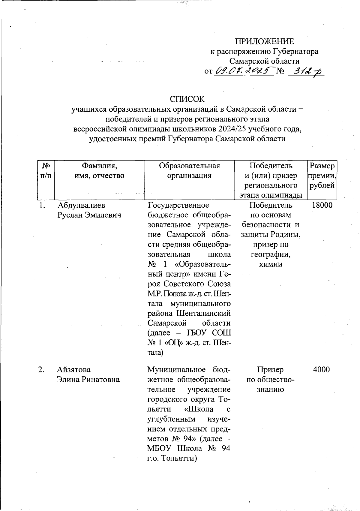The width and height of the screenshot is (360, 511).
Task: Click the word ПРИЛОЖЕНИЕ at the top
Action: click(x=264, y=41)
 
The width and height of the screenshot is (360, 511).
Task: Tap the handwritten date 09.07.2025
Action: click(x=244, y=71)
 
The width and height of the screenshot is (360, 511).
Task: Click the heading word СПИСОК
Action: click(x=187, y=99)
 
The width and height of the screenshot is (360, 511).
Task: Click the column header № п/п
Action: click(x=46, y=171)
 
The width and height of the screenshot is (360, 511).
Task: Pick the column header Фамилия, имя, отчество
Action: click(x=99, y=171)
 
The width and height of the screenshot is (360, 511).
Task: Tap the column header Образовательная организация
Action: click(x=189, y=171)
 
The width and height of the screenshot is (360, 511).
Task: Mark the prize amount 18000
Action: click(x=322, y=205)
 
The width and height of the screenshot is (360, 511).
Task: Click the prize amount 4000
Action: click(x=322, y=370)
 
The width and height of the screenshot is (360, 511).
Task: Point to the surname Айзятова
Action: click(x=74, y=370)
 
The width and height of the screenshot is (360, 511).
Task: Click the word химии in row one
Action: click(x=271, y=264)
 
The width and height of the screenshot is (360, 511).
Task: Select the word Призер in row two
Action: click(x=270, y=370)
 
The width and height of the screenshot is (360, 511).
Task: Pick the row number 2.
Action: click(x=41, y=370)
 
